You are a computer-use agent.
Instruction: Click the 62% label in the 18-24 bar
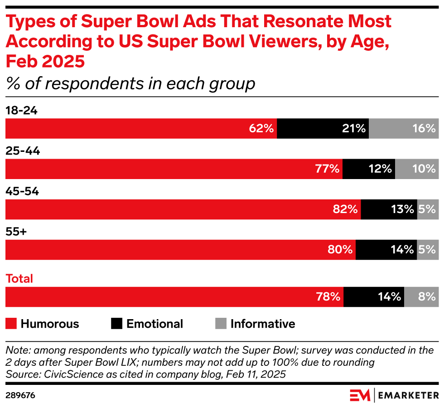[x=261, y=128]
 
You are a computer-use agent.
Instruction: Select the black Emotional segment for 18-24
[x=323, y=128]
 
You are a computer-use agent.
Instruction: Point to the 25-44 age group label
[x=23, y=151]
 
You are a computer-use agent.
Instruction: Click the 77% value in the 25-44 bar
[x=327, y=169]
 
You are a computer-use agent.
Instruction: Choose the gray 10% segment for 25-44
[x=416, y=169]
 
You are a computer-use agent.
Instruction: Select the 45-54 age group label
[x=22, y=192]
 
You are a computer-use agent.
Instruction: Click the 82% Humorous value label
[x=346, y=209]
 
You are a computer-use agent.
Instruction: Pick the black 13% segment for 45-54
[x=389, y=209]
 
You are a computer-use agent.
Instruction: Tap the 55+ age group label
[x=16, y=232]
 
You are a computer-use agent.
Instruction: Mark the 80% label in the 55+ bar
[x=340, y=250]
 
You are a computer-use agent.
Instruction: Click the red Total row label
[x=19, y=278]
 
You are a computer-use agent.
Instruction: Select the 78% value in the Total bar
[x=328, y=297]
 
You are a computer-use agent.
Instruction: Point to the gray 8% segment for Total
[x=421, y=297]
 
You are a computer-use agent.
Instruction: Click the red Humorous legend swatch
[x=11, y=324]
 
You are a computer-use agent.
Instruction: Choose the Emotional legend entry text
[x=154, y=324]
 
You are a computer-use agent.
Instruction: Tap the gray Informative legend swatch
[x=220, y=324]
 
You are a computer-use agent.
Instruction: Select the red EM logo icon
[x=360, y=395]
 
